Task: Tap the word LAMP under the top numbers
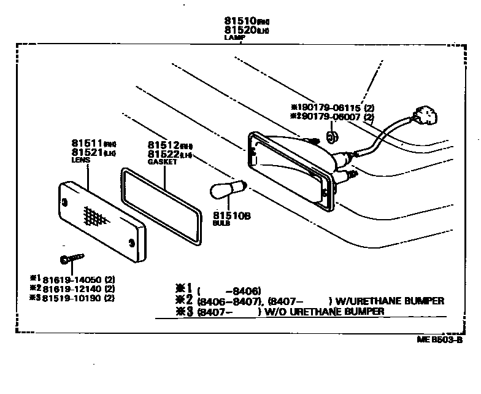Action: pos(236,37)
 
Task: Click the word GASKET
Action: pos(162,162)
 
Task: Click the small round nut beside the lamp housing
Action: pos(332,136)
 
